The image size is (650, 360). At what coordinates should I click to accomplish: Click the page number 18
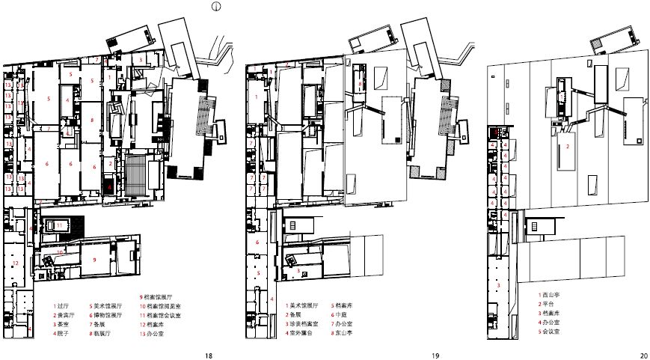click(209, 356)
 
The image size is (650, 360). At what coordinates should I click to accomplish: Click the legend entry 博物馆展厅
click(111, 315)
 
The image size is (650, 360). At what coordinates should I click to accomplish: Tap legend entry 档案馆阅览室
click(162, 306)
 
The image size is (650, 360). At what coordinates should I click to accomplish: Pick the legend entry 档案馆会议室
click(162, 315)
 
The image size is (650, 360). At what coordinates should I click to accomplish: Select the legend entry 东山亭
click(345, 333)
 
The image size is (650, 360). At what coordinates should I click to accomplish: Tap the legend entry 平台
click(548, 302)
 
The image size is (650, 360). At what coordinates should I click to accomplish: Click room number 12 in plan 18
click(15, 264)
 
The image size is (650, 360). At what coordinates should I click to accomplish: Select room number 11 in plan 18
click(60, 225)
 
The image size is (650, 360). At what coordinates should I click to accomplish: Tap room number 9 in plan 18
click(95, 259)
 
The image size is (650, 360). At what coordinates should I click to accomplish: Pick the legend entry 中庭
click(343, 315)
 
